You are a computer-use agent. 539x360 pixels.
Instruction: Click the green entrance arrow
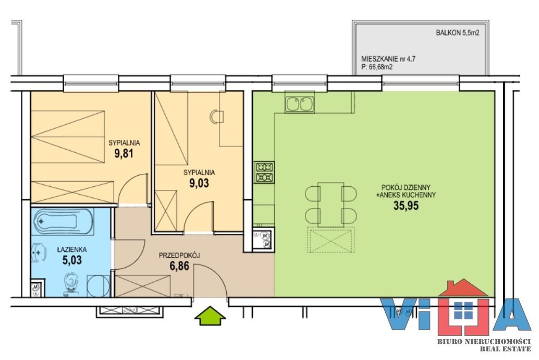click(x=211, y=316)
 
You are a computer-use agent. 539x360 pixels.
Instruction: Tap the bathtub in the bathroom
click(x=63, y=222)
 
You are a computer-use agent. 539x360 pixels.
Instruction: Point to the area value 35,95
click(x=406, y=206)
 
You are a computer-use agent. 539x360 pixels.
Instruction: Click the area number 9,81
click(x=124, y=153)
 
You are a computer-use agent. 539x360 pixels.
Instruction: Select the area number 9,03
click(x=199, y=183)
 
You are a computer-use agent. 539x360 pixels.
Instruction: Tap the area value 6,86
click(x=179, y=266)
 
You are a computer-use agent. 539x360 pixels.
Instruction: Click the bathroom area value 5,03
click(x=72, y=259)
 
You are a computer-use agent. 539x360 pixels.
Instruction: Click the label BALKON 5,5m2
click(x=458, y=33)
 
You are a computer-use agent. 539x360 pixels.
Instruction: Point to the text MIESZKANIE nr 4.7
click(x=388, y=59)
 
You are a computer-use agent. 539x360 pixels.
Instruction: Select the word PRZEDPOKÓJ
click(x=179, y=255)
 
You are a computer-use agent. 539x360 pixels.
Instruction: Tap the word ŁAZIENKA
click(x=72, y=249)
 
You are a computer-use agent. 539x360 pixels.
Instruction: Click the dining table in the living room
click(x=331, y=205)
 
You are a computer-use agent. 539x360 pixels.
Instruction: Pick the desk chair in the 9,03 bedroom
click(x=216, y=116)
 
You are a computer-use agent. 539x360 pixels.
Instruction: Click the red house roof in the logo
click(x=463, y=287)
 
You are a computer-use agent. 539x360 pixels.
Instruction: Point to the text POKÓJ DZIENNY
click(x=406, y=188)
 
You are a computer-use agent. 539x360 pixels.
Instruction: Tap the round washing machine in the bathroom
click(x=99, y=286)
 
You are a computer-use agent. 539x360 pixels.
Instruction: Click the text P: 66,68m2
click(x=377, y=67)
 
